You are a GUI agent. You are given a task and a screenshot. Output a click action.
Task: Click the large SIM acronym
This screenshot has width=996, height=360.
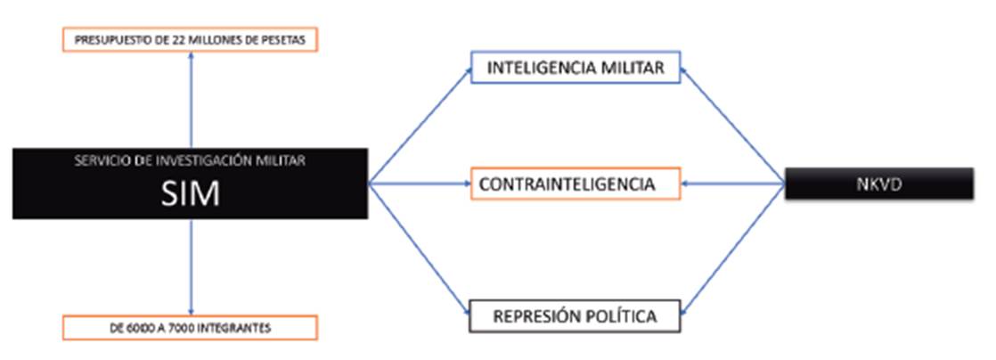[191, 193]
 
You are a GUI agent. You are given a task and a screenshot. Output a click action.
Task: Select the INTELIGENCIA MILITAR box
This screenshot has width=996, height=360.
[576, 69]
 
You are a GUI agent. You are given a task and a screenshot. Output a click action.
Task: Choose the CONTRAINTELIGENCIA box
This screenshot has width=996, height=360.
[576, 184]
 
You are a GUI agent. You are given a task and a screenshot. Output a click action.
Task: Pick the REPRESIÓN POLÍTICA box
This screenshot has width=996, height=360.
[576, 315]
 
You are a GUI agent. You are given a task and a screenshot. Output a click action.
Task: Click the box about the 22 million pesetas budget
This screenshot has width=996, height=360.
[191, 39]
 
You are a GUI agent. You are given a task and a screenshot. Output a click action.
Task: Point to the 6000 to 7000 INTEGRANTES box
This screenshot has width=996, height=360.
[191, 328]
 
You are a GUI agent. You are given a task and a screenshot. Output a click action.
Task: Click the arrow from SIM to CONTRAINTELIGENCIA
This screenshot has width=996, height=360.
[419, 184]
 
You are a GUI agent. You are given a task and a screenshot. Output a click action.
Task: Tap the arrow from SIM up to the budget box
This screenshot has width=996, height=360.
[191, 98]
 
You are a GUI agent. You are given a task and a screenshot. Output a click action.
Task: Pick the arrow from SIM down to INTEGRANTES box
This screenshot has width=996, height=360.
[191, 267]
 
